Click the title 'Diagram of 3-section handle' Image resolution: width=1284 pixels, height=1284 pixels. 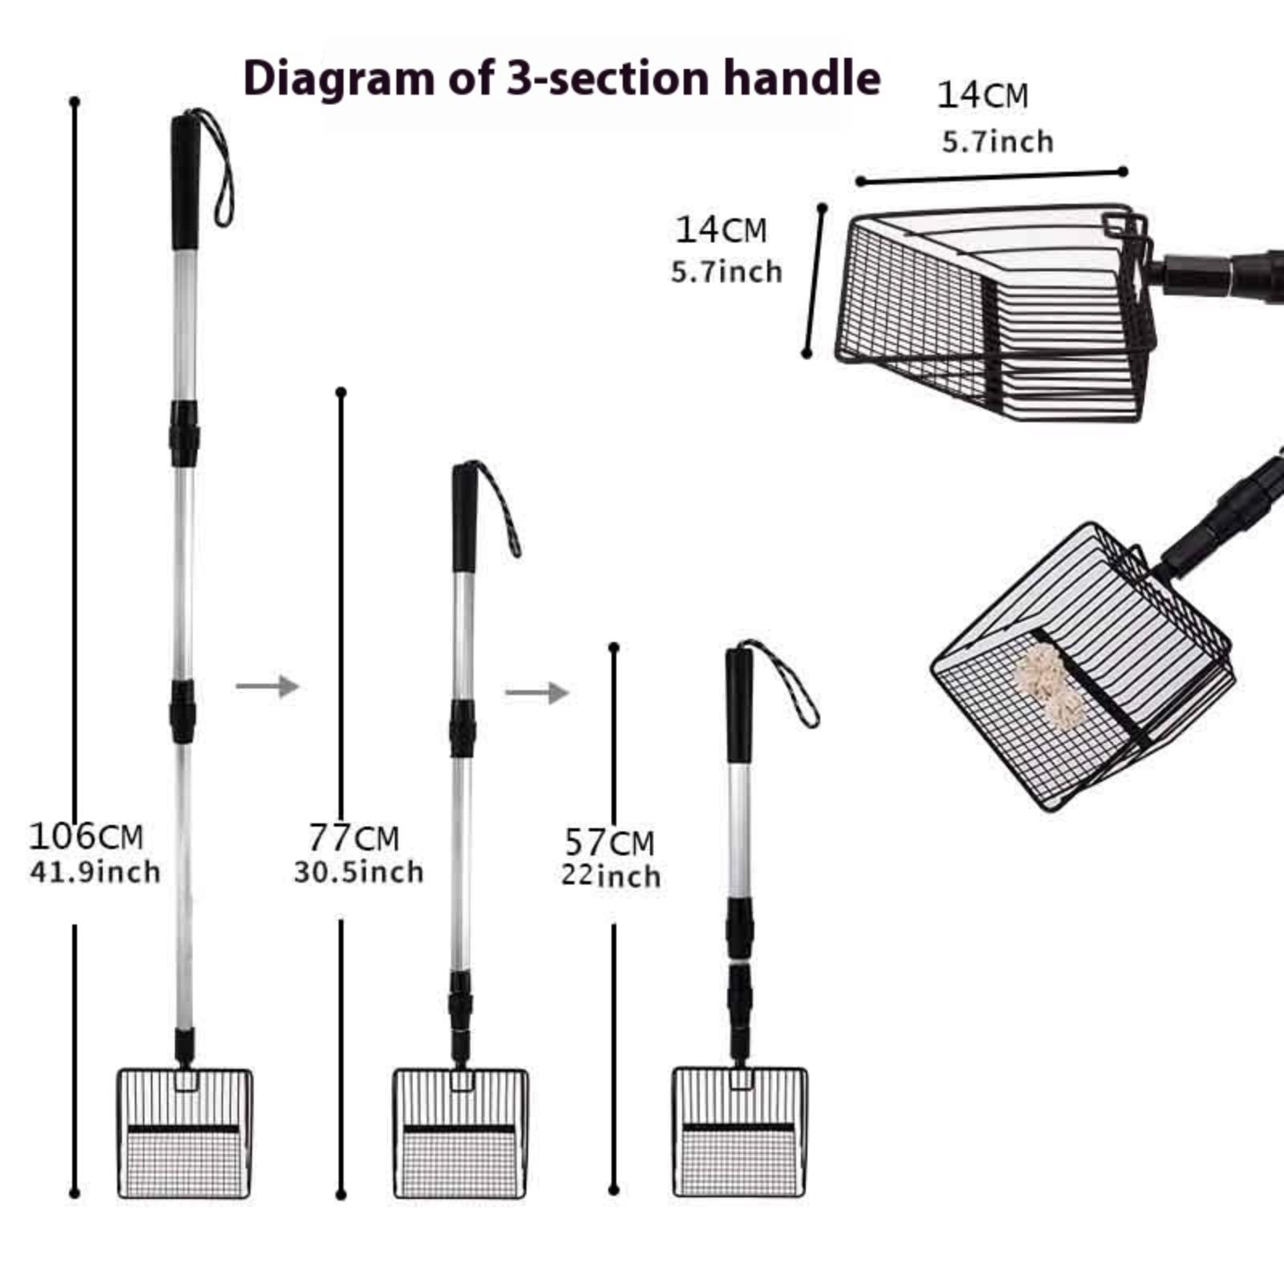click(562, 79)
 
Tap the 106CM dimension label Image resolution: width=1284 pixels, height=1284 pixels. click(86, 836)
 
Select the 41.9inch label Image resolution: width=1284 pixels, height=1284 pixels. click(95, 872)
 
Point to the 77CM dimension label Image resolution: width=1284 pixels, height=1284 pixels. click(354, 838)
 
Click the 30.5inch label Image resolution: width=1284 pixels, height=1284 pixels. click(359, 872)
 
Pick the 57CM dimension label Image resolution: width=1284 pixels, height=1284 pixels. click(609, 843)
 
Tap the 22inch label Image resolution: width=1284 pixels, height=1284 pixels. click(611, 876)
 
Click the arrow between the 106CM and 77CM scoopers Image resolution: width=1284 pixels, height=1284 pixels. click(267, 686)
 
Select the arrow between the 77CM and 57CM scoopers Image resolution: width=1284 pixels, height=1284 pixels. click(537, 693)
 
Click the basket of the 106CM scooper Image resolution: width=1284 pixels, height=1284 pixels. click(185, 1132)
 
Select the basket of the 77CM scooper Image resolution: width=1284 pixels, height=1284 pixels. click(460, 1132)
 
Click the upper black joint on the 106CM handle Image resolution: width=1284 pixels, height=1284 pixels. click(184, 433)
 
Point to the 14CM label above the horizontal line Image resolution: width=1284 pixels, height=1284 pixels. click(982, 95)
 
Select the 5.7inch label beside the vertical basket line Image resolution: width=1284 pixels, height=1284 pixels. click(726, 272)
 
